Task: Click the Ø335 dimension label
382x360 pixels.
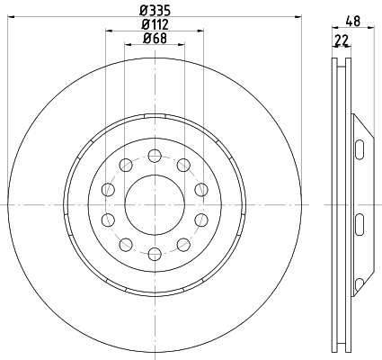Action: point(155,11)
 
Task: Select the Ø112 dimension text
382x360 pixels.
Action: point(155,24)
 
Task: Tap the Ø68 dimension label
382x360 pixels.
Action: point(155,38)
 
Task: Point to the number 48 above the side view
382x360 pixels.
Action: point(353,22)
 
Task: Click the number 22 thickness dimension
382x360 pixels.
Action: point(342,40)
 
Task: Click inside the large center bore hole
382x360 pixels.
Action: point(155,204)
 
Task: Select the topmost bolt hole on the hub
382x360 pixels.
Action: point(155,156)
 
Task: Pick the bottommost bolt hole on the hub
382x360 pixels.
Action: point(155,254)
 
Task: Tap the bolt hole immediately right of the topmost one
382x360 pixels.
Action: point(183,165)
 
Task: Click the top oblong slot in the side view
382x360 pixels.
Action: point(359,149)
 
